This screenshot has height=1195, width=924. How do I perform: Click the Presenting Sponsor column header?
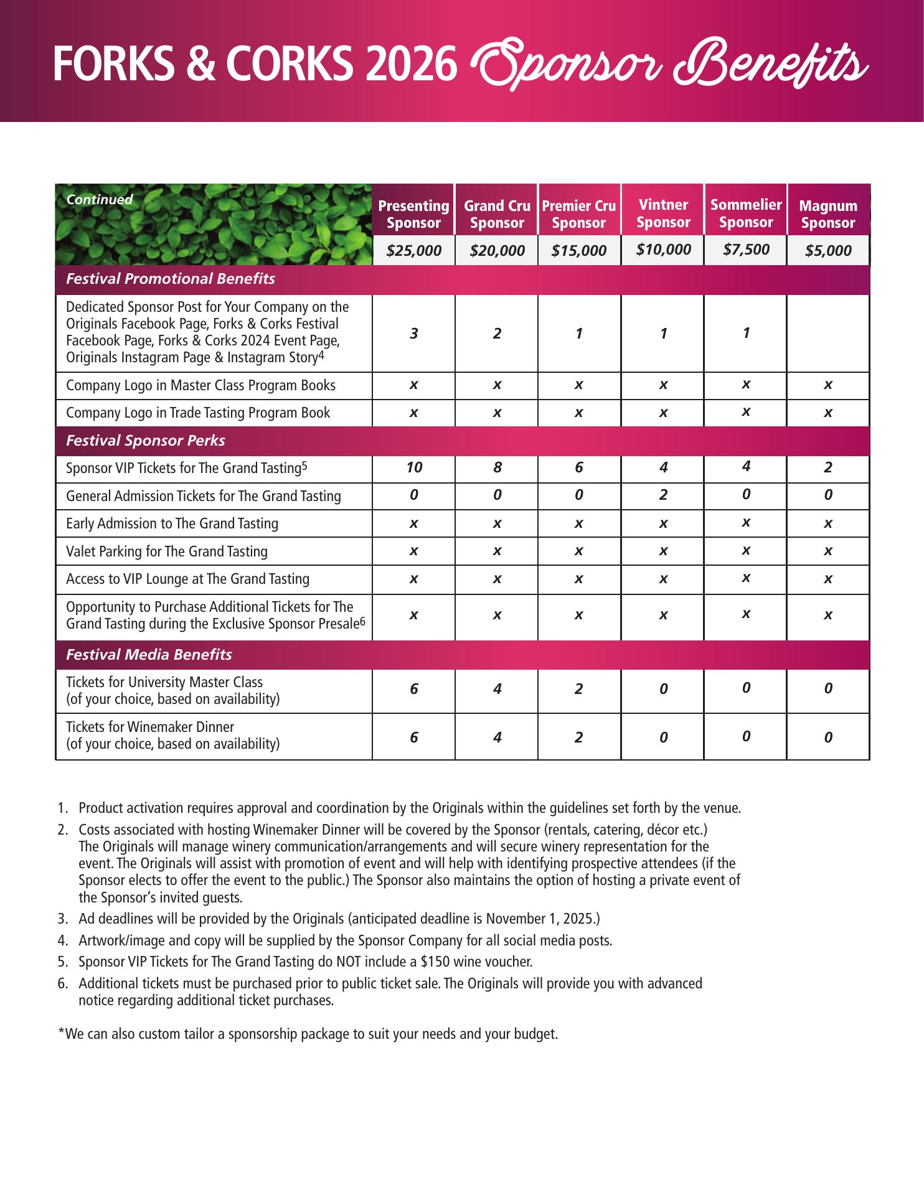[413, 214]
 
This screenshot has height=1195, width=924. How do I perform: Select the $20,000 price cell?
[497, 251]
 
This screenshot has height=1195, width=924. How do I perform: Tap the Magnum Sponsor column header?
[827, 214]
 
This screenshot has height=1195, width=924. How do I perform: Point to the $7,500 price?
[746, 250]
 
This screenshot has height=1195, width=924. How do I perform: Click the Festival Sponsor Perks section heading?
[146, 441]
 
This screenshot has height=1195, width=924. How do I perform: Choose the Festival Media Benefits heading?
[149, 655]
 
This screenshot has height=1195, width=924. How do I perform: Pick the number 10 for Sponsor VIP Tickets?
[414, 467]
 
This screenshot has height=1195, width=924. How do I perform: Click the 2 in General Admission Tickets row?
[663, 495]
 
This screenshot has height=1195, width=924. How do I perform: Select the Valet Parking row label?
[167, 551]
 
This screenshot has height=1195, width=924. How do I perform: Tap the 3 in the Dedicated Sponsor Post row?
[414, 334]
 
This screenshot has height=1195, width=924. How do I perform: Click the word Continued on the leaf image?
[100, 200]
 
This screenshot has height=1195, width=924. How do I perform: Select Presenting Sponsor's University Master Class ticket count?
[414, 689]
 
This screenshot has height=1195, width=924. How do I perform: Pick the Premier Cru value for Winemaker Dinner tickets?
[578, 738]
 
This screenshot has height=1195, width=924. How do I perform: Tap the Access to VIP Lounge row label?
[187, 579]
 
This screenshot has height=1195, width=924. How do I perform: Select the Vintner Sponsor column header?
[663, 213]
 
